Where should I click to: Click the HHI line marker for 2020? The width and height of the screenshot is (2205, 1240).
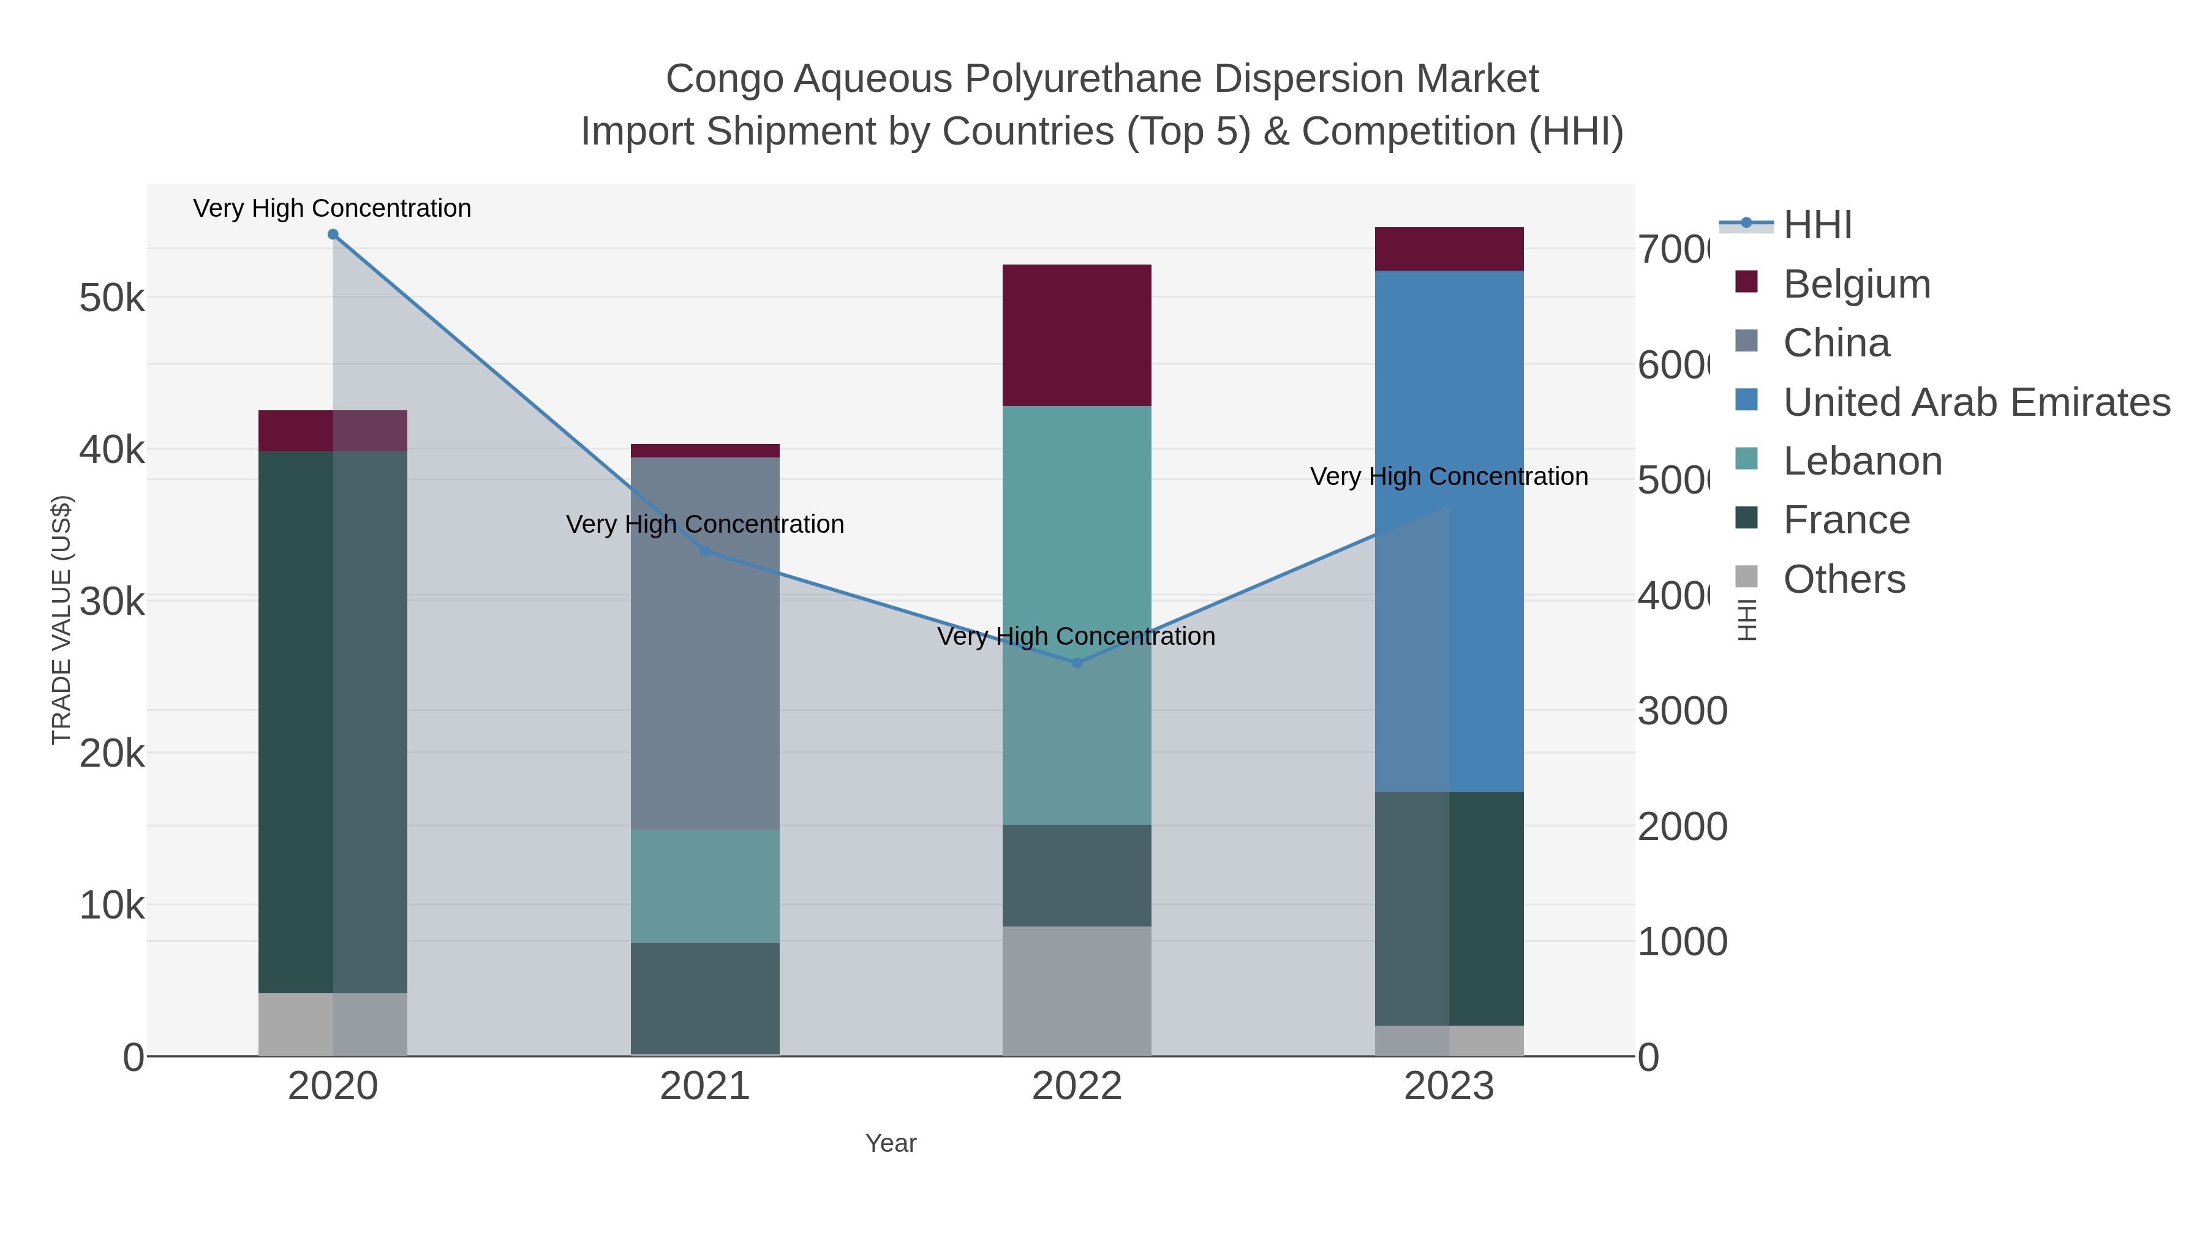(333, 235)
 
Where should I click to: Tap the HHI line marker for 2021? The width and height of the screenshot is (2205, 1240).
(706, 551)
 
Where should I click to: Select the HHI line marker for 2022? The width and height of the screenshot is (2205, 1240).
(1077, 663)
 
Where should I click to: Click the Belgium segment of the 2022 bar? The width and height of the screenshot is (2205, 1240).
(1077, 336)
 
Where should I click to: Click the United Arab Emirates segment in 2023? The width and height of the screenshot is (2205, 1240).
(1449, 530)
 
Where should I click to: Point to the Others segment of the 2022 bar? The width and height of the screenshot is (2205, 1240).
(1077, 991)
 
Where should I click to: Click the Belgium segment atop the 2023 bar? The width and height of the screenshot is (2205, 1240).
(1449, 249)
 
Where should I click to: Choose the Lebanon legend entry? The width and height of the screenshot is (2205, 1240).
(1863, 461)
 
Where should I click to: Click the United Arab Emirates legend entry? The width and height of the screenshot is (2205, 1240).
(1975, 402)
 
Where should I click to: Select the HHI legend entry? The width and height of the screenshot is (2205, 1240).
(1817, 225)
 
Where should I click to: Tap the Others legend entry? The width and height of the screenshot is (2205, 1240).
(1844, 579)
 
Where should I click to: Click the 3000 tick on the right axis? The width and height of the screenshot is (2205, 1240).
(1682, 711)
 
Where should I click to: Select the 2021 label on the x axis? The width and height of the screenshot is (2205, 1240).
(706, 1086)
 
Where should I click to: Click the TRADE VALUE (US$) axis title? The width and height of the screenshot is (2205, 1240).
(62, 620)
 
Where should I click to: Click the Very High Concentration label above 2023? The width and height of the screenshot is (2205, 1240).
(1449, 476)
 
